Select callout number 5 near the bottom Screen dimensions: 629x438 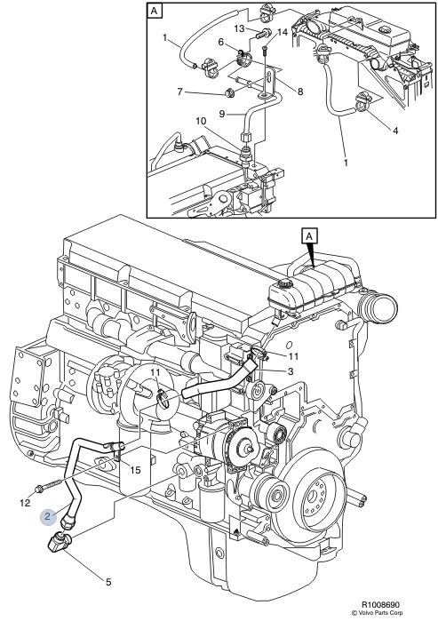[108, 583]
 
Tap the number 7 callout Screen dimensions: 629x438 [180, 92]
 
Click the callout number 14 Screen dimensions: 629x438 [282, 33]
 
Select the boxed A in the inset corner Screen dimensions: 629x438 [155, 12]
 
